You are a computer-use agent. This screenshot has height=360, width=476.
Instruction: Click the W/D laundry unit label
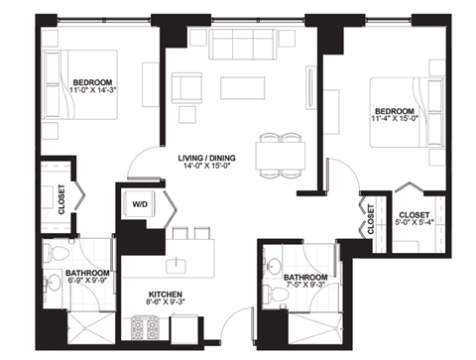139,206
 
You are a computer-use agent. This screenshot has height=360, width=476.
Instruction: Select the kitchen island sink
179,265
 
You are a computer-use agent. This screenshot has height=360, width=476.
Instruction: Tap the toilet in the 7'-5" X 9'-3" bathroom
271,294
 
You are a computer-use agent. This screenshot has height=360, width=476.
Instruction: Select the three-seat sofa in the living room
244,45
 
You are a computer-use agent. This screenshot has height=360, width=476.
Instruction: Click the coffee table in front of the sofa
244,88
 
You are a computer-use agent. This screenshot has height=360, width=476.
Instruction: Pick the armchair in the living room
186,90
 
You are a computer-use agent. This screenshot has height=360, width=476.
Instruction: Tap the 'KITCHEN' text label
167,296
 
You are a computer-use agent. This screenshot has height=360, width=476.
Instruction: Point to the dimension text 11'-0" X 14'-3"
90,91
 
